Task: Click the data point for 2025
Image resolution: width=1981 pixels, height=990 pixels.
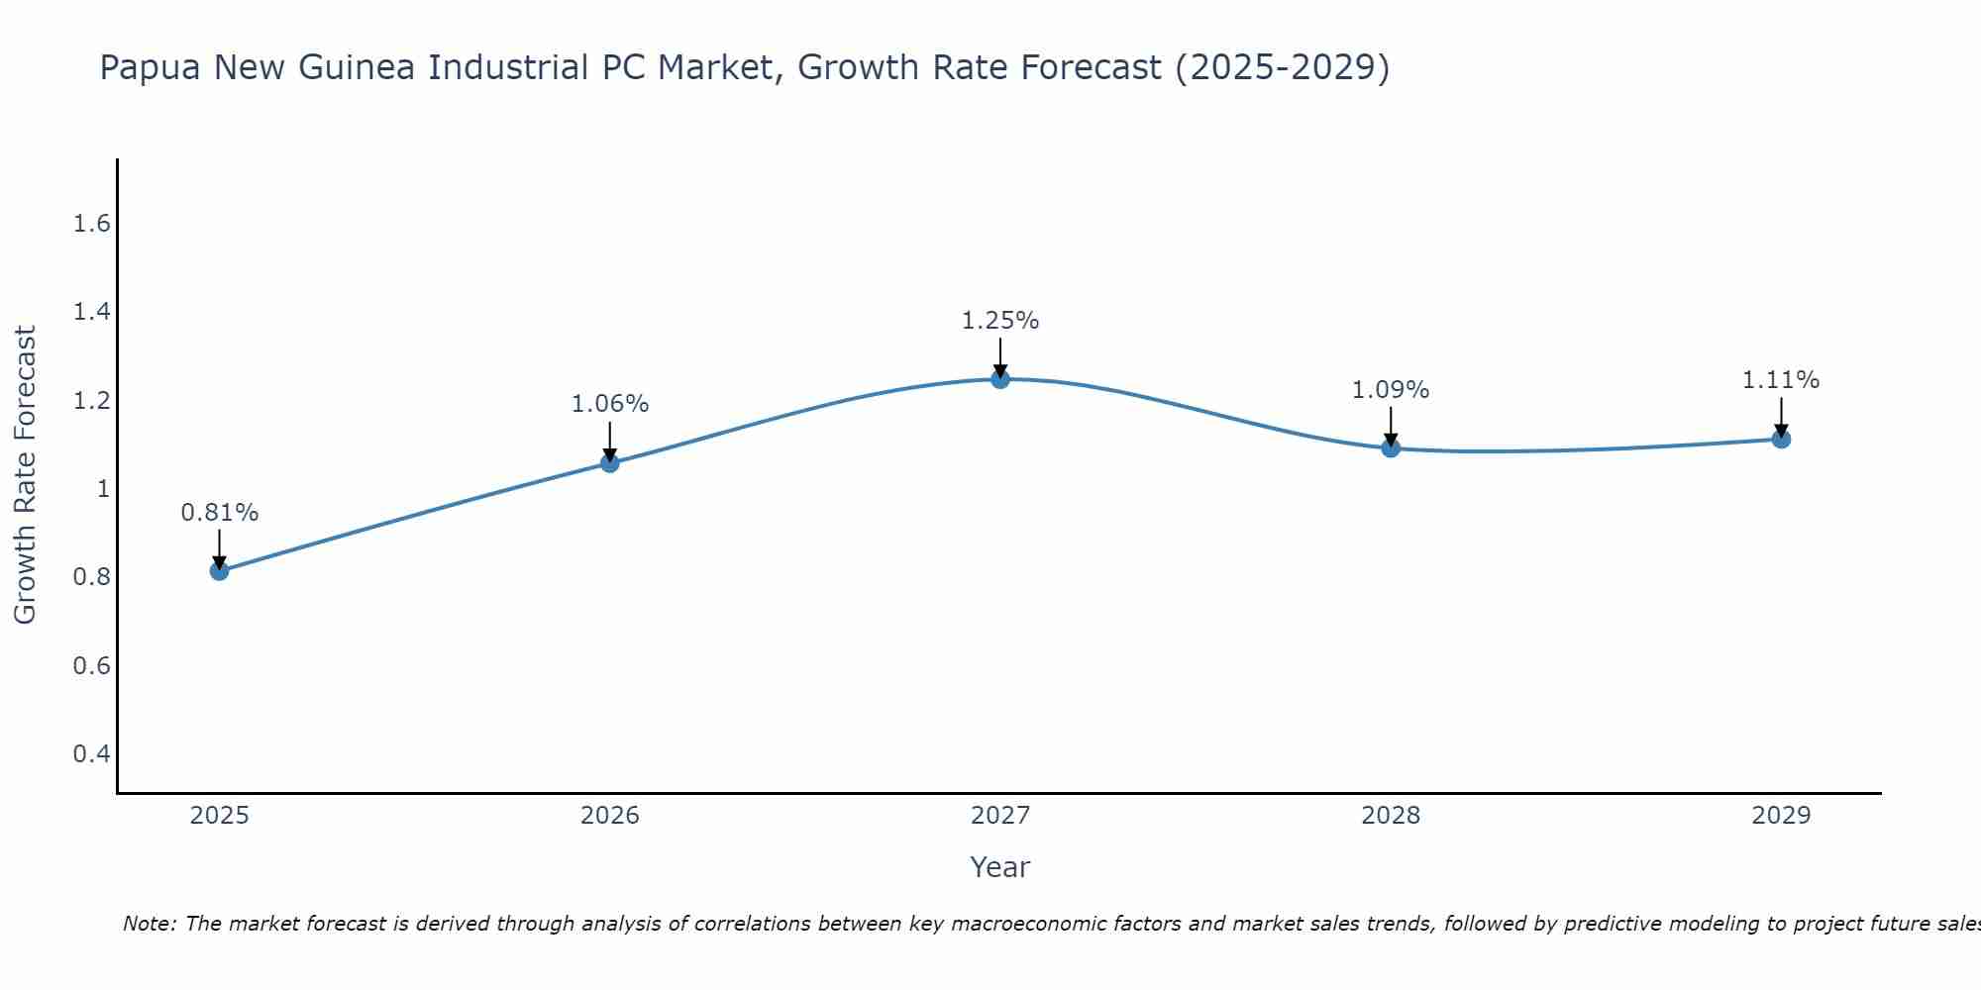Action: (x=220, y=571)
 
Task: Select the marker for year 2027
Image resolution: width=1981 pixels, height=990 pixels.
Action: (x=1000, y=379)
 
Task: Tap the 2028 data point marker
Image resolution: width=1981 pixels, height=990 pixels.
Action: (x=1391, y=448)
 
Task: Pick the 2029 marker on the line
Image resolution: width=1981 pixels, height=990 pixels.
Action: (x=1781, y=440)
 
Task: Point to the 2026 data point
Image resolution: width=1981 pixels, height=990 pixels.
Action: (x=610, y=462)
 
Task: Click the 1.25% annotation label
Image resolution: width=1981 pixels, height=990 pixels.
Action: (x=1000, y=321)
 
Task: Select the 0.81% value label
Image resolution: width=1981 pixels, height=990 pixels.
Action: (x=220, y=513)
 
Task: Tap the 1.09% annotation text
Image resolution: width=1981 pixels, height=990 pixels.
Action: (x=1391, y=390)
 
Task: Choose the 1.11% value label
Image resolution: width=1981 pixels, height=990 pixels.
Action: (x=1781, y=380)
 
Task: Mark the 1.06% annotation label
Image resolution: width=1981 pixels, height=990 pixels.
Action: (x=610, y=404)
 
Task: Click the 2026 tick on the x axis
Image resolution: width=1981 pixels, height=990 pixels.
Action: (x=610, y=816)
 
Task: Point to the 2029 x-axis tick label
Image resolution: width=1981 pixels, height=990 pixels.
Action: (x=1781, y=816)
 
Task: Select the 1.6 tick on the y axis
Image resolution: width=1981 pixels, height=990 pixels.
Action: (x=91, y=224)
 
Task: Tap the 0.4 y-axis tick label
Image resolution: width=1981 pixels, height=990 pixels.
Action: (x=91, y=754)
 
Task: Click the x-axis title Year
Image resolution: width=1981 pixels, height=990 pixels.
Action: (x=1000, y=867)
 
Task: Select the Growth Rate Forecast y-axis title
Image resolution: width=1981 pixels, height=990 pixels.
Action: (x=26, y=475)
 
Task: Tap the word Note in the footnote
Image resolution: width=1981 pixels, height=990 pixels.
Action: (x=149, y=924)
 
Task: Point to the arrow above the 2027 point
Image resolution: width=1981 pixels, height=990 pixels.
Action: (x=1000, y=356)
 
